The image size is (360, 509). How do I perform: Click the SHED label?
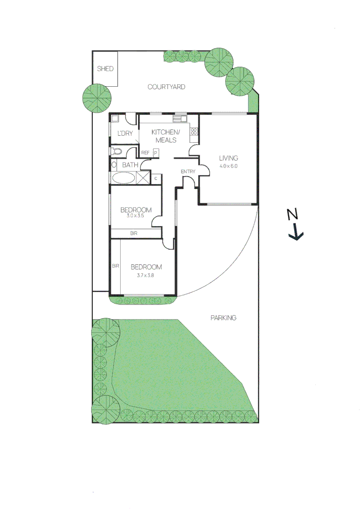click(x=105, y=69)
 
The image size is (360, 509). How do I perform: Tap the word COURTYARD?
click(x=166, y=87)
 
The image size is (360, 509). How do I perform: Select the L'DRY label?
click(x=125, y=134)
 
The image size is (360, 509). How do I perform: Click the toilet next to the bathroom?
click(x=116, y=152)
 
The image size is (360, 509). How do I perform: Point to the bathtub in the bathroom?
click(x=124, y=178)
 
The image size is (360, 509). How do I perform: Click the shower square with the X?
click(x=142, y=178)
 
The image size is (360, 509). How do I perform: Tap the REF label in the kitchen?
click(x=146, y=153)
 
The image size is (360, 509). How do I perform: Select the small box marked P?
click(x=155, y=153)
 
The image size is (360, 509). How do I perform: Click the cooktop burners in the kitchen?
click(x=193, y=132)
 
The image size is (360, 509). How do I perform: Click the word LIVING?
click(x=229, y=158)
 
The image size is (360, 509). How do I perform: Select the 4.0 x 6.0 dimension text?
click(x=229, y=166)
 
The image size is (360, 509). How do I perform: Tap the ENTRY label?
click(x=188, y=172)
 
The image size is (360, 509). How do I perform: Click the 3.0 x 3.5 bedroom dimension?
click(x=135, y=216)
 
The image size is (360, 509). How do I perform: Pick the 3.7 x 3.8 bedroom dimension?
click(x=146, y=275)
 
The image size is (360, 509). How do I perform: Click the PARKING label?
click(x=223, y=318)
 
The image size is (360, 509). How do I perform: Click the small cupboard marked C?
click(x=156, y=179)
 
